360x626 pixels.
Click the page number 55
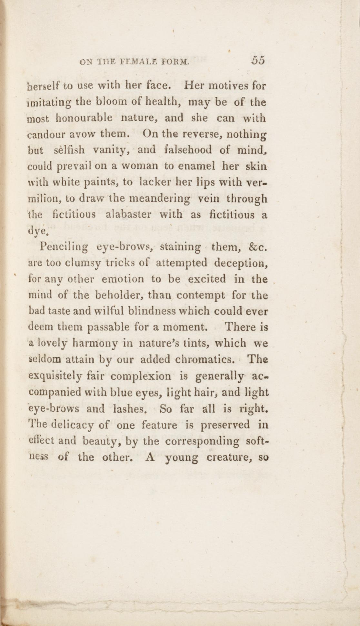(x=258, y=60)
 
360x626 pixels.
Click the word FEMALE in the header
(x=132, y=61)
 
